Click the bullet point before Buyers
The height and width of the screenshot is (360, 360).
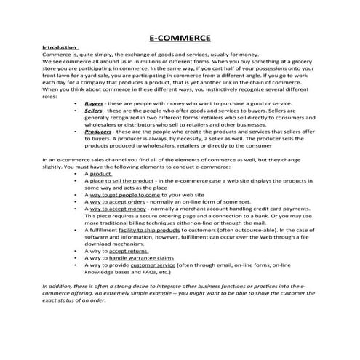coord(76,104)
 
